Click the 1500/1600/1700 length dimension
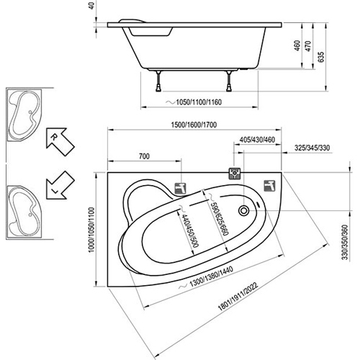coord(194,125)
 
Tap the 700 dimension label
coord(144,156)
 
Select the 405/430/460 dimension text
coord(257,140)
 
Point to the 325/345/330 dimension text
coord(312,148)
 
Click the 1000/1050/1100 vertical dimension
coord(91,230)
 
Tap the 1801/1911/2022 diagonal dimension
coord(238,296)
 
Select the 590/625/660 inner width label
coord(218,215)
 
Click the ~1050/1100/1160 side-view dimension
coord(194,102)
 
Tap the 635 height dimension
coord(322,57)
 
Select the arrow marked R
coord(60,142)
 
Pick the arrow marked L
coord(60,185)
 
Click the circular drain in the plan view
coord(244,211)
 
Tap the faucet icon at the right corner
coord(270,186)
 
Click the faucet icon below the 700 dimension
coord(181,189)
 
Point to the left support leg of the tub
coord(158,81)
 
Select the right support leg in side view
coord(229,81)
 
